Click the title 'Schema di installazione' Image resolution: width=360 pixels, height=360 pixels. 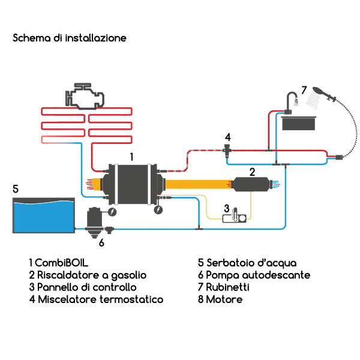pos(70,38)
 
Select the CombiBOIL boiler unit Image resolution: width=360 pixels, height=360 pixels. pos(132,185)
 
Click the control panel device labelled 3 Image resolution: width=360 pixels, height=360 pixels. pos(235,217)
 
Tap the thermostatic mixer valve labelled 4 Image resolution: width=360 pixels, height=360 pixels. pos(228,148)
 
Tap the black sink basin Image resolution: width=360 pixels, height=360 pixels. pos(299,122)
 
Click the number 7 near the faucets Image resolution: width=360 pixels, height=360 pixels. pos(304,90)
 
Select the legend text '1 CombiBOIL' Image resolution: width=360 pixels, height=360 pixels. pos(62,263)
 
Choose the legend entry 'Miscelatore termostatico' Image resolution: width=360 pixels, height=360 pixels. pos(100,299)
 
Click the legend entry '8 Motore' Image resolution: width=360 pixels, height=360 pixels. pos(220,299)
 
